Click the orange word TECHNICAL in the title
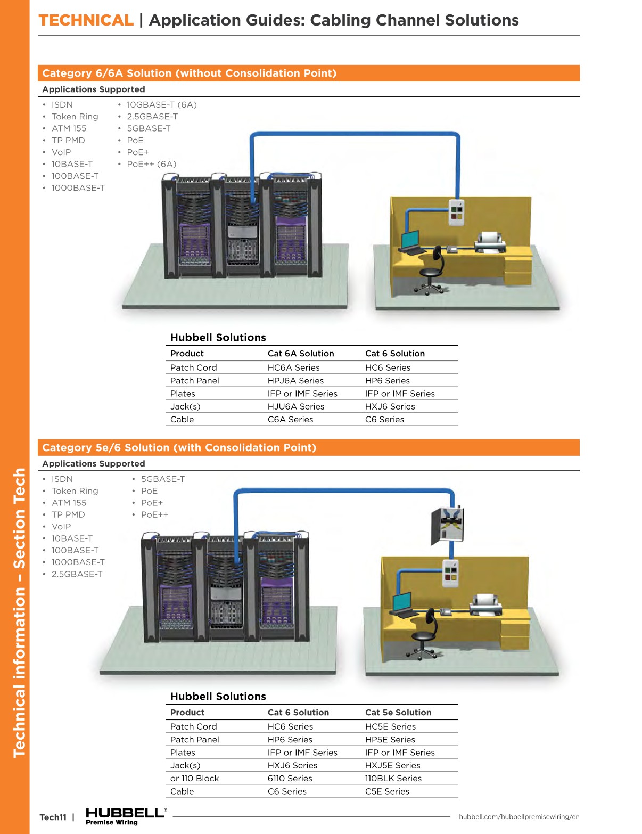(x=86, y=20)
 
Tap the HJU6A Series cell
(x=295, y=406)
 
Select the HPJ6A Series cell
(x=295, y=381)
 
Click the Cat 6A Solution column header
(x=300, y=354)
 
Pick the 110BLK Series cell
(x=393, y=779)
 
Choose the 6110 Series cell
(x=290, y=779)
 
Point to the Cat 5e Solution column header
(x=398, y=713)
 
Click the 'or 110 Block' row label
(x=194, y=779)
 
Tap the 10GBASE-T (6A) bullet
(x=161, y=105)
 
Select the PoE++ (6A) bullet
(x=151, y=164)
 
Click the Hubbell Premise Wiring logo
(x=126, y=816)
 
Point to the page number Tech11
(x=53, y=817)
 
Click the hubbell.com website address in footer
(x=518, y=817)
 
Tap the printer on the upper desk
(x=489, y=242)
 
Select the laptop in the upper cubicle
(x=410, y=241)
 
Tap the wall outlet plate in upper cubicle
(x=456, y=212)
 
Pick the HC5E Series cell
(x=390, y=726)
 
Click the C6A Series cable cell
(x=290, y=420)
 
